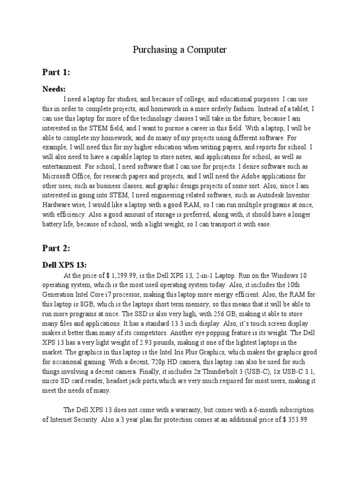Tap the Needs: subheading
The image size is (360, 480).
54,89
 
